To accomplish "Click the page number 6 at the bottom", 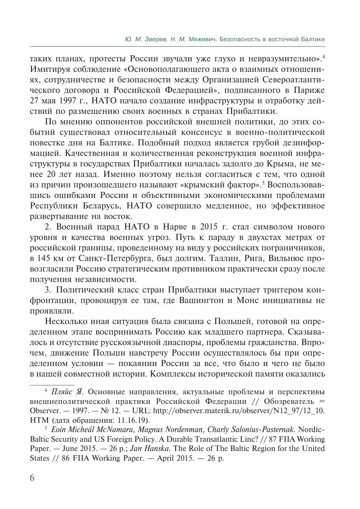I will pos(33,478).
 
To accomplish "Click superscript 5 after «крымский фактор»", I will pos(263,182).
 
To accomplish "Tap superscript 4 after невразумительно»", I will pos(323,55).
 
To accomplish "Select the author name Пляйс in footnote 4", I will pos(62,391).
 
